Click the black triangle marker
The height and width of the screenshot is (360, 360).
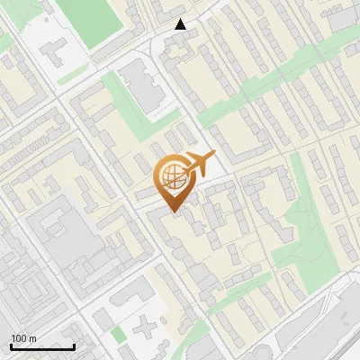(181, 24)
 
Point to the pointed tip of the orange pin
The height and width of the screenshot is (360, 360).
(173, 211)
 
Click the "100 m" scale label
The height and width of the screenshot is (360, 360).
(24, 337)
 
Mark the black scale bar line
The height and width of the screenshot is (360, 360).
(42, 346)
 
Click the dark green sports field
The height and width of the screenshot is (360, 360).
(111, 20)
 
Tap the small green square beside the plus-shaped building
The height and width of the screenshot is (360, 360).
(119, 335)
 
